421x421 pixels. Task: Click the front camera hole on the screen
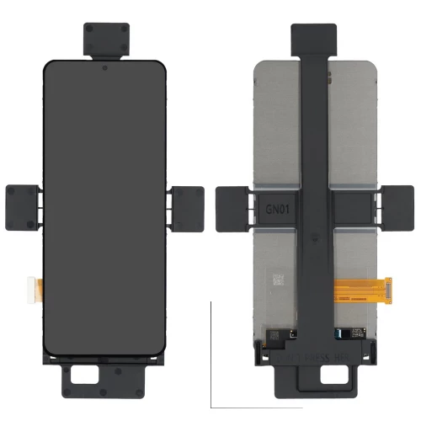pyautogui.click(x=104, y=67)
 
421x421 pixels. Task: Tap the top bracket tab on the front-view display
pyautogui.click(x=104, y=38)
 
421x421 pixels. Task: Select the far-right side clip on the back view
pyautogui.click(x=398, y=206)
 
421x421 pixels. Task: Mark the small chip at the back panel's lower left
pyautogui.click(x=274, y=334)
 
